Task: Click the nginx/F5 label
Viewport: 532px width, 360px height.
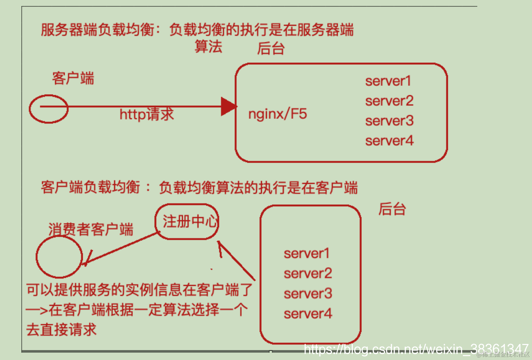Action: [x=277, y=114]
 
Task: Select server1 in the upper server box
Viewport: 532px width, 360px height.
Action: [x=388, y=81]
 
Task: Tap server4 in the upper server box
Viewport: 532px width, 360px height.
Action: [x=389, y=141]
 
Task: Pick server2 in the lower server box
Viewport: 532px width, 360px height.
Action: [x=308, y=274]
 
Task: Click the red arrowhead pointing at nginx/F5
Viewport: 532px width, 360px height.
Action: [x=229, y=107]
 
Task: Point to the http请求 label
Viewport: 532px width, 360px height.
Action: [x=147, y=115]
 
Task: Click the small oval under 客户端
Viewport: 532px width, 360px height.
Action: [x=49, y=109]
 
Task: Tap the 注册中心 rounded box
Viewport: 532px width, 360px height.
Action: [x=187, y=222]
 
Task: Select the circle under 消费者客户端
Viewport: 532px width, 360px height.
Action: [x=59, y=257]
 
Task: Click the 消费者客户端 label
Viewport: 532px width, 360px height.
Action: [x=91, y=230]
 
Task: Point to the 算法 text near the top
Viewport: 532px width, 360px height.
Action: [x=208, y=46]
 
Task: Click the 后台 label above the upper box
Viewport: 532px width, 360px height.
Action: [x=271, y=49]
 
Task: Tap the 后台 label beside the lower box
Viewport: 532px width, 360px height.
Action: [x=392, y=209]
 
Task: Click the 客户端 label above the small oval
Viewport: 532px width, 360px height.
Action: [x=73, y=78]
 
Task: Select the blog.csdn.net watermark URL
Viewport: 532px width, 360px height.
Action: [x=416, y=349]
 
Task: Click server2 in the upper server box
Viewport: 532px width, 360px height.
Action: [x=389, y=101]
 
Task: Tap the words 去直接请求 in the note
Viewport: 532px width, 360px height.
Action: [x=61, y=330]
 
